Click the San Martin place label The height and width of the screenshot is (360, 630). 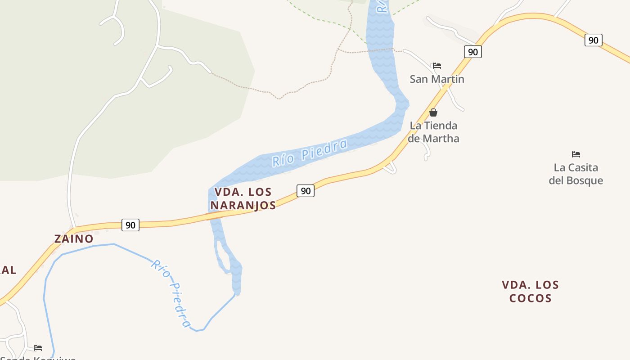tap(436, 79)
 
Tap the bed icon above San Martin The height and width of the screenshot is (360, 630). tap(436, 66)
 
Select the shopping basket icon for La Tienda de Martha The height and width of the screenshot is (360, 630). tap(433, 112)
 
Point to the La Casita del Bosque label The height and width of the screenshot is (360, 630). tap(576, 174)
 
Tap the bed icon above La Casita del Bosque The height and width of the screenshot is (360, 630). tap(576, 154)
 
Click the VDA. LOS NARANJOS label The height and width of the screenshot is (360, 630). tap(243, 198)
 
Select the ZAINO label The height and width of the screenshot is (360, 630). tap(74, 239)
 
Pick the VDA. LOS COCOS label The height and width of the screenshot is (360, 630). tap(530, 291)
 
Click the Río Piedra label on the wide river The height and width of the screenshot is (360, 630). tap(310, 153)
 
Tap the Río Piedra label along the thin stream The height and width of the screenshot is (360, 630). tap(171, 292)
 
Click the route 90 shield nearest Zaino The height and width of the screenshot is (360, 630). tap(130, 225)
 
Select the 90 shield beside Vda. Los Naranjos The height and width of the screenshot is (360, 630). tap(306, 191)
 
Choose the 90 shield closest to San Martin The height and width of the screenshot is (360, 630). tap(472, 52)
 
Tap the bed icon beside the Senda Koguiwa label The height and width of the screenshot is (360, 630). tap(38, 347)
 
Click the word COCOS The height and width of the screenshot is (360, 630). tap(530, 298)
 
